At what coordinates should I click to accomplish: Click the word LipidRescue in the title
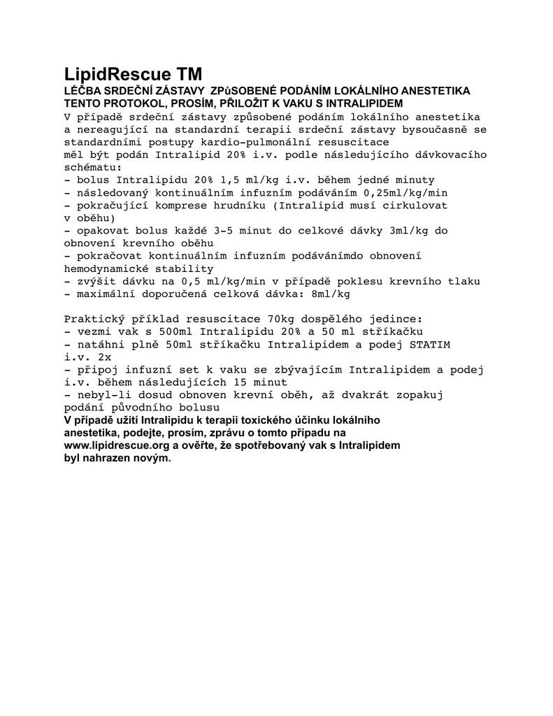[117, 75]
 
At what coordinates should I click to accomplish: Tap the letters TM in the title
[190, 74]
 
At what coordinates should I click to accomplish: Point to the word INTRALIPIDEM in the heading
[366, 103]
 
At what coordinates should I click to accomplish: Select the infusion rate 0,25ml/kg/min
[405, 192]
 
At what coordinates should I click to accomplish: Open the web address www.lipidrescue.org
[116, 445]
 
